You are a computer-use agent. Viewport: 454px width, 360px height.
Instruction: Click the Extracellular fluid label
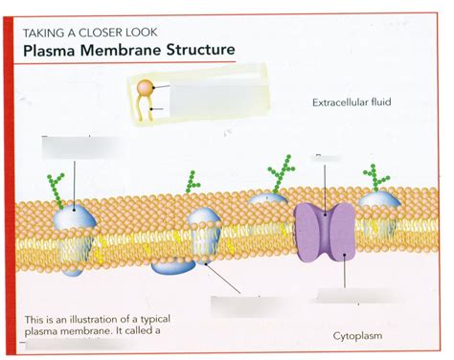click(352, 101)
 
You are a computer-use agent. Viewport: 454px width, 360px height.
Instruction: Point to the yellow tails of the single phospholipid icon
click(145, 110)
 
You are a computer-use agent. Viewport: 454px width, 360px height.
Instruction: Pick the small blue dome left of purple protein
click(268, 198)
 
